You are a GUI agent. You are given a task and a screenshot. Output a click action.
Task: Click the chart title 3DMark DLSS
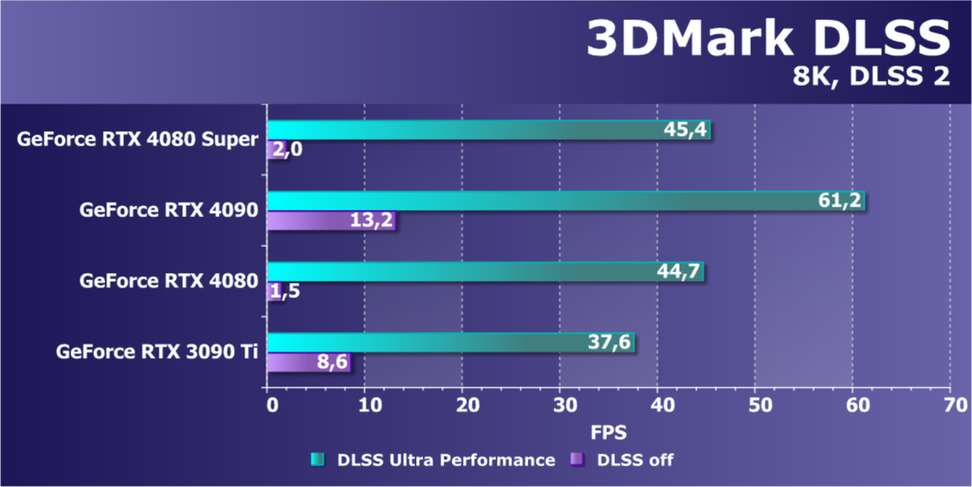coord(767,39)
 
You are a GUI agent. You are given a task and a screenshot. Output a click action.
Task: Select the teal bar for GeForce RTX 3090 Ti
coord(422,343)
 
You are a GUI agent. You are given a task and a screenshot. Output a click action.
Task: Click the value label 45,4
coord(686,130)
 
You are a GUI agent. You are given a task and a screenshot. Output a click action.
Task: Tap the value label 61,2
coord(840,200)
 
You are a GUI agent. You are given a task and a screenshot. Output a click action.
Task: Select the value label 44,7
coord(679,272)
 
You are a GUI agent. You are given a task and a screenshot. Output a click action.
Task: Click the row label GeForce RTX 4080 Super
coord(138,139)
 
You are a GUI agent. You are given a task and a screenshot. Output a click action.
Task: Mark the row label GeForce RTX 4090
coord(169,210)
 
